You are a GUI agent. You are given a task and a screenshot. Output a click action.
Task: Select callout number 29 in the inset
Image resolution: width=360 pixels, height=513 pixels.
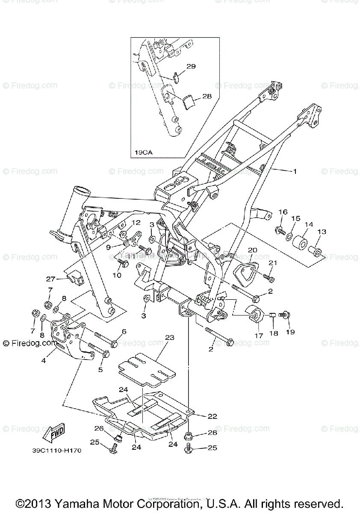pyautogui.click(x=191, y=66)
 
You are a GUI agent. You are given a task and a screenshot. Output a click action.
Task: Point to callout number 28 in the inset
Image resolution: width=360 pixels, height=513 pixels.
pyautogui.click(x=207, y=97)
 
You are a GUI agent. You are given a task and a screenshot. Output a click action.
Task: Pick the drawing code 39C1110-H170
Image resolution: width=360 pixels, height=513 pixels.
pyautogui.click(x=56, y=450)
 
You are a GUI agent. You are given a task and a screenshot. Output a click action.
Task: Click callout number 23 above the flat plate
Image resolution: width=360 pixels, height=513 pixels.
pyautogui.click(x=170, y=337)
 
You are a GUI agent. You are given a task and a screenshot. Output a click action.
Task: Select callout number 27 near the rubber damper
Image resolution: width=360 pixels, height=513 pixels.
pyautogui.click(x=51, y=279)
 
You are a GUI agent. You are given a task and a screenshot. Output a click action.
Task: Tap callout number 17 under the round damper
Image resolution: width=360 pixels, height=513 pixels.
pyautogui.click(x=259, y=336)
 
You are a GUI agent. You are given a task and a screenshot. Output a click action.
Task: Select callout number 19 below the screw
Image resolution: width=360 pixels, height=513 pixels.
pyautogui.click(x=290, y=332)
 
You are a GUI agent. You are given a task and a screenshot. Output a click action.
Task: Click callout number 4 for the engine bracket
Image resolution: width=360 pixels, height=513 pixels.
pyautogui.click(x=44, y=360)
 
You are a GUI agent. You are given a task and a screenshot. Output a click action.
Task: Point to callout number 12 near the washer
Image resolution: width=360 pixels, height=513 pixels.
pyautogui.click(x=136, y=222)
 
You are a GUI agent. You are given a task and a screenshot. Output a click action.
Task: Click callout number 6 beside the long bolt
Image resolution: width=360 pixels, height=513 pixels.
pyautogui.click(x=124, y=331)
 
